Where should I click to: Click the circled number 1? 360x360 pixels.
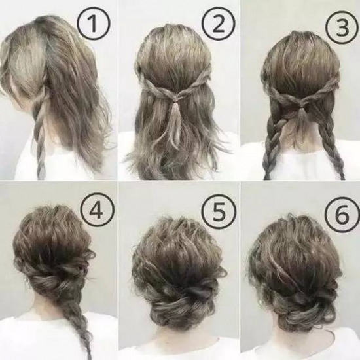94,24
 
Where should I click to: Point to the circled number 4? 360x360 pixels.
97,210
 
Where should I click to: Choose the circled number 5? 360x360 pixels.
219,211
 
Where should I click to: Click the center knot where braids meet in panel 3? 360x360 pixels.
302,107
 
